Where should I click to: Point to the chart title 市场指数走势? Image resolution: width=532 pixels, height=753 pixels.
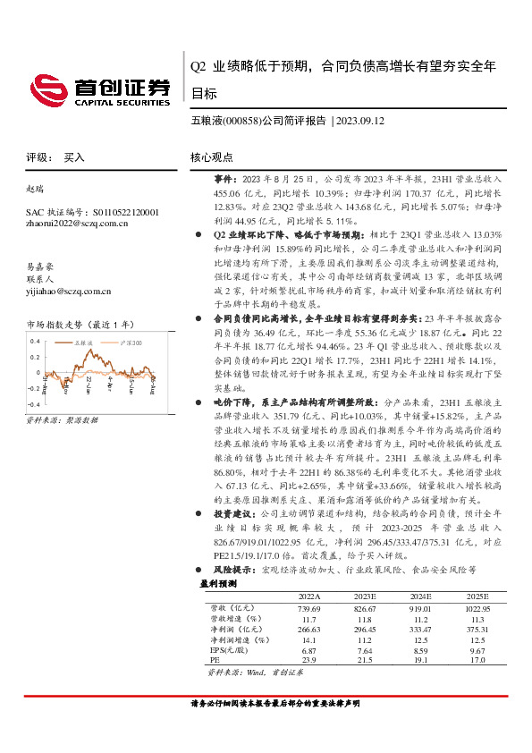pos(62,324)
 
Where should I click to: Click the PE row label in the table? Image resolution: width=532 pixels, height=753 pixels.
pos(215,661)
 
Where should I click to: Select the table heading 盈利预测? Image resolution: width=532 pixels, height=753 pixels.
pos(217,583)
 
